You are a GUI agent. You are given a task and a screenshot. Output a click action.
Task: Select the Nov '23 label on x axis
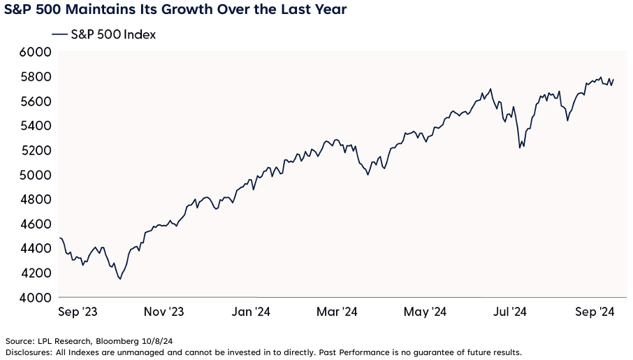click(x=163, y=312)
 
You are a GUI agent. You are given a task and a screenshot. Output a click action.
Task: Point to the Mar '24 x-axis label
click(x=337, y=312)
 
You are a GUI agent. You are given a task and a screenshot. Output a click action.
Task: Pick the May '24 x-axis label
click(x=425, y=312)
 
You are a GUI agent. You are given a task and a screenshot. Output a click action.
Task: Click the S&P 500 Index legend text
click(x=113, y=34)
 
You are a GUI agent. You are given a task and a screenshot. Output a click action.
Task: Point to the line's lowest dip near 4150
click(x=120, y=279)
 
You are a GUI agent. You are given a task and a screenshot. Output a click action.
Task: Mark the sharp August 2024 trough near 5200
click(x=519, y=147)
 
